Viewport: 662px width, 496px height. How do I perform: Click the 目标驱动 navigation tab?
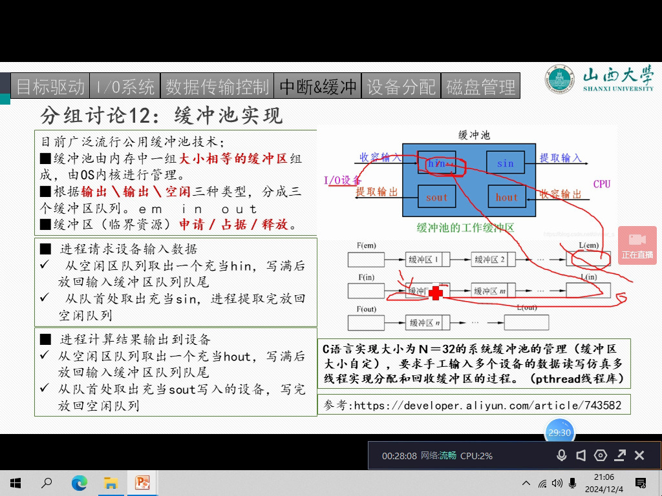(50, 86)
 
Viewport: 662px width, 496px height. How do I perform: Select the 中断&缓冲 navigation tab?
(317, 86)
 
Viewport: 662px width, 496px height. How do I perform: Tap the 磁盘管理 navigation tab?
(481, 86)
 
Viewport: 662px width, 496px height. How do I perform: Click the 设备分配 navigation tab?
(401, 86)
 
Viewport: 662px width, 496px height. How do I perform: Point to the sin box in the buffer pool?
(506, 163)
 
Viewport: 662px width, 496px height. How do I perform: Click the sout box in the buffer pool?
(436, 197)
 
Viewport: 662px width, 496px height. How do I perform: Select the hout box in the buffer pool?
(506, 197)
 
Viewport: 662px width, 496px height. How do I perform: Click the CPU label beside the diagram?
(601, 184)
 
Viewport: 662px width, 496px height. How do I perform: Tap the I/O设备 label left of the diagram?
(343, 180)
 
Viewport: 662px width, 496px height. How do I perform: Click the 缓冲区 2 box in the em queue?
(490, 260)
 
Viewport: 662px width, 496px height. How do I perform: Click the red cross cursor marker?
(436, 293)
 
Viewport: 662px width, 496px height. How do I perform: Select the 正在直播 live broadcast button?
(637, 245)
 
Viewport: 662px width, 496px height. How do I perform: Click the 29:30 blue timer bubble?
(559, 433)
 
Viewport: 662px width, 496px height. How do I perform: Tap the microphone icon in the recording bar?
(561, 455)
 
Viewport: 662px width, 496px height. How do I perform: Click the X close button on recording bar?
(639, 455)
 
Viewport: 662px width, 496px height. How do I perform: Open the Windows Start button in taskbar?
(16, 482)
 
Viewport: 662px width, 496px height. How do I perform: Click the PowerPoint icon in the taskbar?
(142, 482)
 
